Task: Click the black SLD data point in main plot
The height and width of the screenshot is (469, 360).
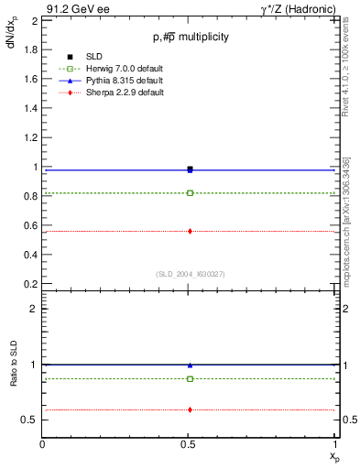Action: click(190, 169)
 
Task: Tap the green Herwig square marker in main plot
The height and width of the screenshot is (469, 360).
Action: click(190, 193)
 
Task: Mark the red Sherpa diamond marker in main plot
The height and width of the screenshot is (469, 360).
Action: click(190, 231)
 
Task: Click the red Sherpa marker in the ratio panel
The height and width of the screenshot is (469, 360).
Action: click(190, 409)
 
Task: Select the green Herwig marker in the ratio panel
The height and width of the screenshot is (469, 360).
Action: click(190, 378)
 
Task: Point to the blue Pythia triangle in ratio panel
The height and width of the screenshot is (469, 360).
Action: click(190, 365)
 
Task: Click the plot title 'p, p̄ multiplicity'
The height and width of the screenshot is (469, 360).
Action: click(191, 37)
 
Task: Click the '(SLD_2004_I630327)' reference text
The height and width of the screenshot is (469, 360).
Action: click(190, 274)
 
